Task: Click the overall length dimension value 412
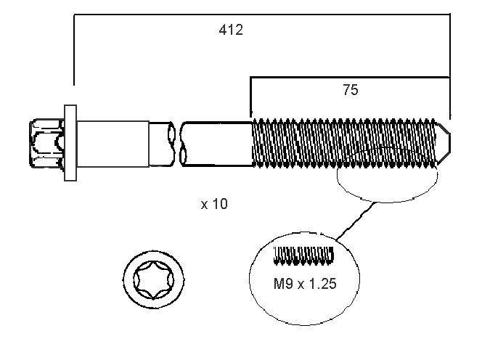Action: tap(231, 30)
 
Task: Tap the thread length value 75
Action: tap(351, 90)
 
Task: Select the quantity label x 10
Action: tap(214, 204)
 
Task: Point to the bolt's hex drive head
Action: tap(45, 141)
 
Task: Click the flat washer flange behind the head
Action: tap(70, 142)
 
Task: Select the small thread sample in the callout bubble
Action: tap(303, 255)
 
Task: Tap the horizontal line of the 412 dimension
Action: tap(261, 14)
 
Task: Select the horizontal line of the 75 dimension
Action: tap(348, 75)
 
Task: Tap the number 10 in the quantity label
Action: tap(220, 204)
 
